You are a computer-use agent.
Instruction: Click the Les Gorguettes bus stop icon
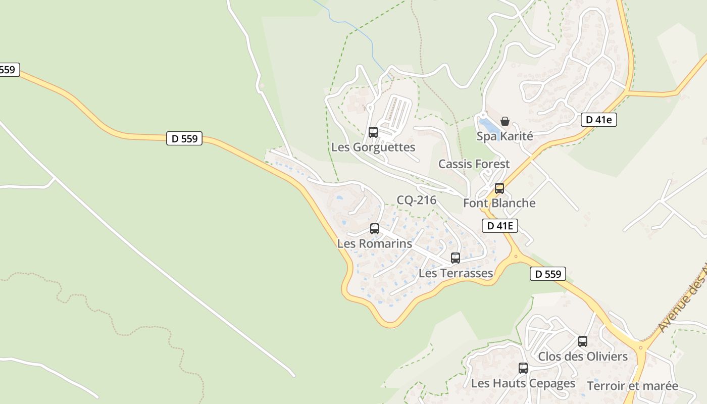coord(373,132)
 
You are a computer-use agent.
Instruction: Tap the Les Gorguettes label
coord(373,147)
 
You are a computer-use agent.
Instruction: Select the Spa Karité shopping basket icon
coord(504,121)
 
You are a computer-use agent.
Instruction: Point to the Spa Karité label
coord(504,136)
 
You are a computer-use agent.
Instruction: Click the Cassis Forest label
coord(474,164)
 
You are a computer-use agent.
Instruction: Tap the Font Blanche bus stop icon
coord(499,188)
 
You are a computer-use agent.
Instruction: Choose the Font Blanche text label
coord(499,203)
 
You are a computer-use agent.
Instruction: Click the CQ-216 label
coord(416,200)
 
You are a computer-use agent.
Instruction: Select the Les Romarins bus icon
coord(375,229)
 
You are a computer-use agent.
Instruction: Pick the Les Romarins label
coord(374,243)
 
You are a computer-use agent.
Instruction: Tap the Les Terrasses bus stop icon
coord(456,258)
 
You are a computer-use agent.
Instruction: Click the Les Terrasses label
coord(456,273)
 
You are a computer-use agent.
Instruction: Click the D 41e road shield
coord(598,120)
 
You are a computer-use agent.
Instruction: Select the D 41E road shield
coord(500,226)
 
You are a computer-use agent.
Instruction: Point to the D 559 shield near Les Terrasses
coord(547,274)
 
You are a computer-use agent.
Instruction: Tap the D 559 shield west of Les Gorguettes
coord(184,138)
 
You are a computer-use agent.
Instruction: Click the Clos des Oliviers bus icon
coord(583,341)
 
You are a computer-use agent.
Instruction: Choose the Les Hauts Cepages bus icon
coord(523,368)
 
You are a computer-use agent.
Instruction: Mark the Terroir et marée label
coord(632,386)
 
